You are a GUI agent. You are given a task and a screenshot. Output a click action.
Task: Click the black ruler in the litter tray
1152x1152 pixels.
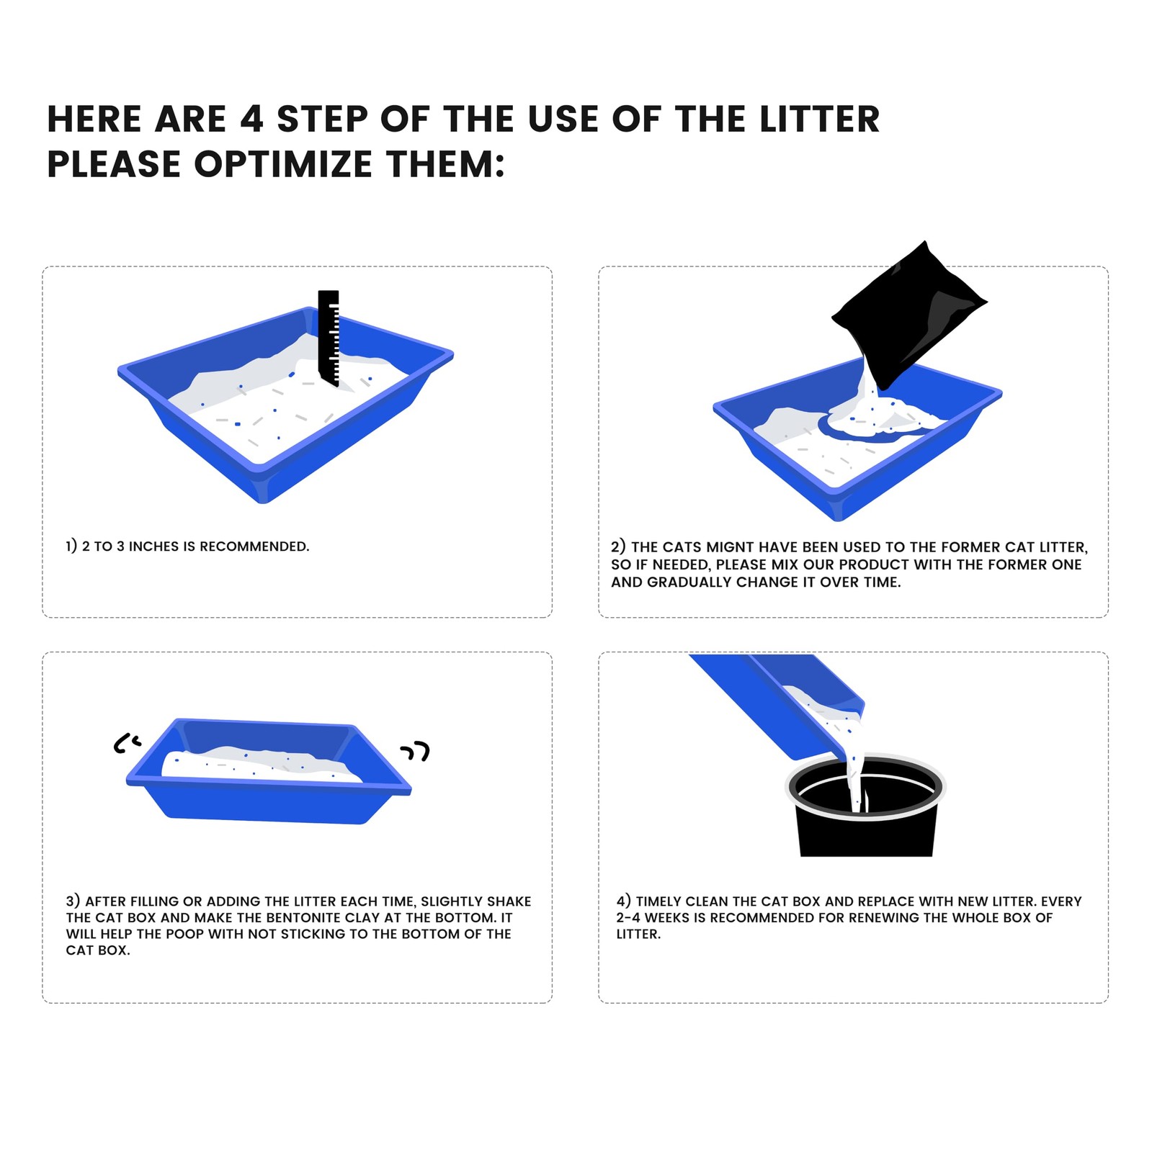coord(329,337)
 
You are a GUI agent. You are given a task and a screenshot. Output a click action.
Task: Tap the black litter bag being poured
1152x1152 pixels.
coord(909,314)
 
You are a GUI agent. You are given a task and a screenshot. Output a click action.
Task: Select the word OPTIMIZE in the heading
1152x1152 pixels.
coord(283,164)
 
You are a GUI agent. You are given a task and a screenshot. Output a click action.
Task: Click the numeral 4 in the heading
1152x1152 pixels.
coord(251,119)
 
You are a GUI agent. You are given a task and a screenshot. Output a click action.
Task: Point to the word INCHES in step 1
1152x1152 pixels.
coord(153,546)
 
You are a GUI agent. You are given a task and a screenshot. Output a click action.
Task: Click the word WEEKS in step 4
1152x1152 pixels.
coord(667,918)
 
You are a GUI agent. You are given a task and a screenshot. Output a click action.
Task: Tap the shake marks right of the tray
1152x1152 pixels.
coord(416,752)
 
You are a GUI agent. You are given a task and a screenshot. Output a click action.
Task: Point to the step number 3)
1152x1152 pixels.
coord(73,901)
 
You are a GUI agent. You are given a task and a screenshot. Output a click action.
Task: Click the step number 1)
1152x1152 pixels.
coord(71,546)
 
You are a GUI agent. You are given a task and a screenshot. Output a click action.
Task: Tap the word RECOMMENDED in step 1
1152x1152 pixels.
coord(254,546)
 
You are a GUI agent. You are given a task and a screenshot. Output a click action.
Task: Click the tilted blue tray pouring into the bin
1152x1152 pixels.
coord(778,706)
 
